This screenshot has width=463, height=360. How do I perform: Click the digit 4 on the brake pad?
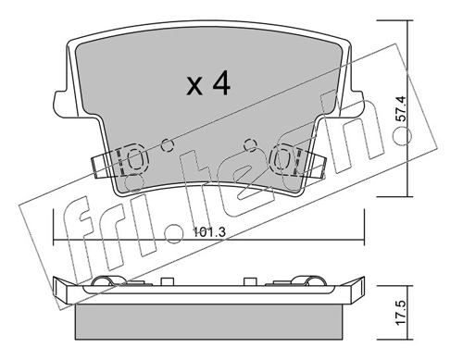221,82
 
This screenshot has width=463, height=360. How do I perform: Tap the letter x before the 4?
194,87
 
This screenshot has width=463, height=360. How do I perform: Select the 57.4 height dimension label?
401,110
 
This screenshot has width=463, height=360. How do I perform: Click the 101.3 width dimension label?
209,232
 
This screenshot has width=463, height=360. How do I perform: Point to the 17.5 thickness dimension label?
401,313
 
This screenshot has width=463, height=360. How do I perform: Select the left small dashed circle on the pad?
168,145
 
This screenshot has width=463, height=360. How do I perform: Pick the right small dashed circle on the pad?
250,144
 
